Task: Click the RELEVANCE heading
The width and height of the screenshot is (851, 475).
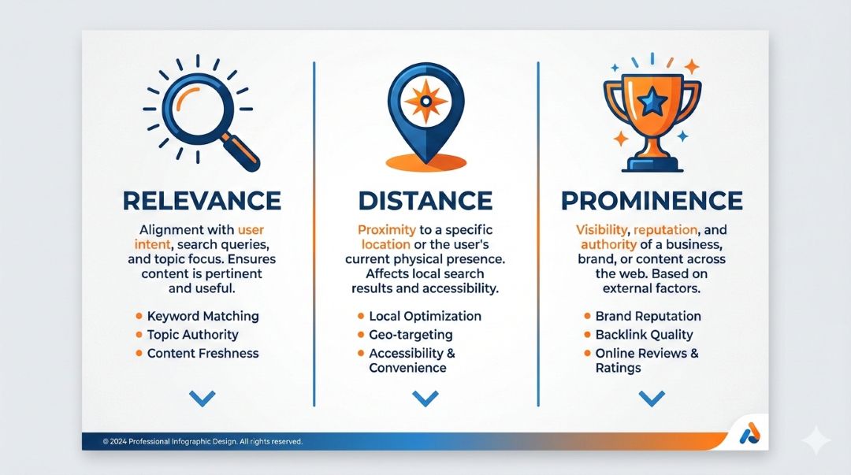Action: pos(202,201)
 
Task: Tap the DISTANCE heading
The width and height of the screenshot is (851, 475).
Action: pos(425,201)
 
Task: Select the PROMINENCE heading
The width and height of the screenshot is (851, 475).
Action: pos(652,201)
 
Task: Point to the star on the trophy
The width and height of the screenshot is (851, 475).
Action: pos(652,102)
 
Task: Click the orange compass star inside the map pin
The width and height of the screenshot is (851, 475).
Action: pos(426,102)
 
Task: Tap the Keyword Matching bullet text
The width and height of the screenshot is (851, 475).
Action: pos(203,316)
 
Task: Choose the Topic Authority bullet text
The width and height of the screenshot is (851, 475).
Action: pos(193,335)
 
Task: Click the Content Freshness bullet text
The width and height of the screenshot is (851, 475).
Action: pos(203,353)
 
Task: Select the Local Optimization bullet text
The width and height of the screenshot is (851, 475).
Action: pos(425,316)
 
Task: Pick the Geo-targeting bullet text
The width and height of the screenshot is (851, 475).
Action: pos(411,335)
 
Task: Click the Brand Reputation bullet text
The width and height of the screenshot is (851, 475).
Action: pos(648,316)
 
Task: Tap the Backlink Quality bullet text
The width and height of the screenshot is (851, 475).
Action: pos(645,335)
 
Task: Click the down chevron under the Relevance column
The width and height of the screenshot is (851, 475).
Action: pos(203,399)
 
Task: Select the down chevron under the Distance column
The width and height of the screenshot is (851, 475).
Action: pos(425,399)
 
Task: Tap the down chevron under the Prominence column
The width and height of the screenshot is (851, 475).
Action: pos(652,399)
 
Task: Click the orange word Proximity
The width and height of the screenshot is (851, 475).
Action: pos(387,230)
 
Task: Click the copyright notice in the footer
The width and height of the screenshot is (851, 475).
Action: pos(203,441)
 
